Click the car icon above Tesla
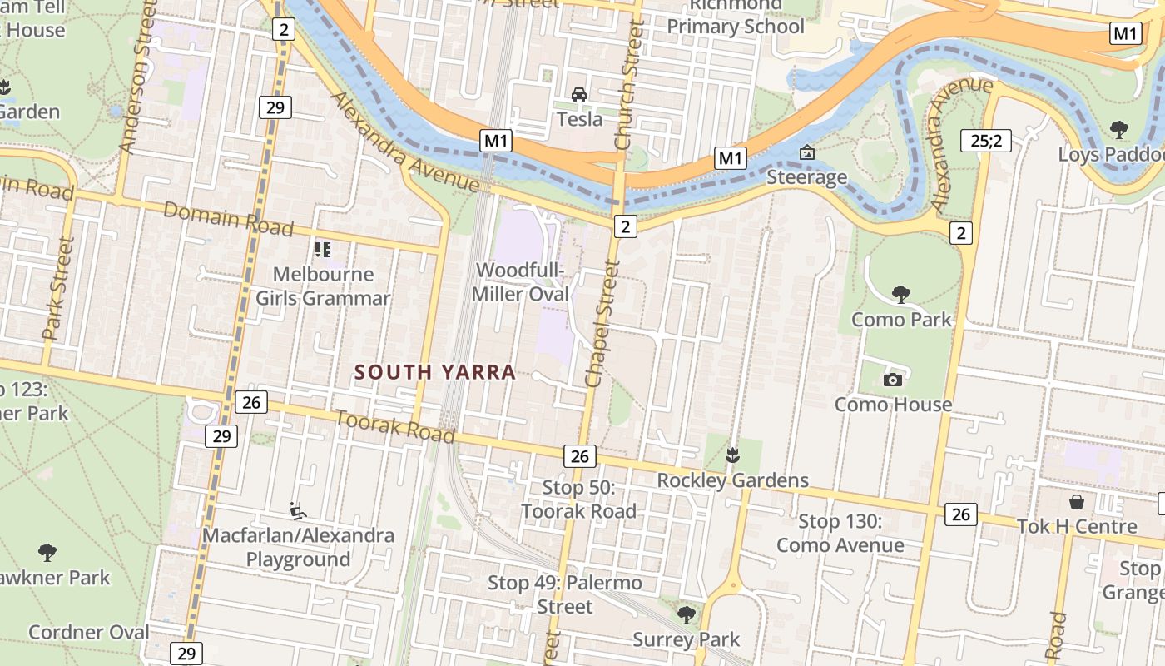[x=579, y=94]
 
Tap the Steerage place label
[x=806, y=176]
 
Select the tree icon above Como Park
[x=900, y=294]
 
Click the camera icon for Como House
[x=893, y=380]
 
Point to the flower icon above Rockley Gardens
[x=732, y=455]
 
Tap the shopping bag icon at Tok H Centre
[x=1077, y=502]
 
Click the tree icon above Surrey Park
[x=687, y=615]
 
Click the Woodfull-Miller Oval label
[x=520, y=282]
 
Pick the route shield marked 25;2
[x=985, y=141]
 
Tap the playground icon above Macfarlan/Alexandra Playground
[x=297, y=509]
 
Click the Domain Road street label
[x=228, y=218]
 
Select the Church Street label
[x=630, y=87]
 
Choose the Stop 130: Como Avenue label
[x=840, y=534]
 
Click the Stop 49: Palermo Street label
[x=565, y=594]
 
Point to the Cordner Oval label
[x=89, y=632]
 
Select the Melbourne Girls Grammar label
[x=323, y=286]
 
